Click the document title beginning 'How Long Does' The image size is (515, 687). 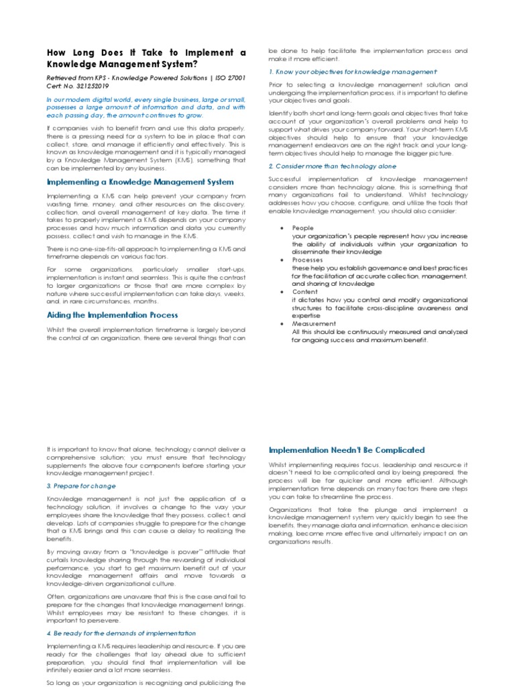[x=146, y=58]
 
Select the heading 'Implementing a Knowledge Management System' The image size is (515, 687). [x=140, y=182]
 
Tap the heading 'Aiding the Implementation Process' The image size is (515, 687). [x=112, y=315]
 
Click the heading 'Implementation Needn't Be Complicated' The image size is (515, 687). [x=347, y=450]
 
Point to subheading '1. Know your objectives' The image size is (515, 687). [x=352, y=71]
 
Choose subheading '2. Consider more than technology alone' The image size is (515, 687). [x=332, y=166]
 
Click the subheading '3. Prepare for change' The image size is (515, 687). [x=81, y=486]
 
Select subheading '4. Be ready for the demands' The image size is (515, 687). [x=121, y=633]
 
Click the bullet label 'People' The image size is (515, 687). [x=302, y=228]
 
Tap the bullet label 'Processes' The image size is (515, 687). [x=307, y=260]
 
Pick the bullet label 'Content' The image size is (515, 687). [x=304, y=292]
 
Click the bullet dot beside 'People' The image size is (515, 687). [x=282, y=228]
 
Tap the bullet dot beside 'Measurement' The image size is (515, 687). [x=282, y=323]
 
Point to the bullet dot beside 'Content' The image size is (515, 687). [x=282, y=292]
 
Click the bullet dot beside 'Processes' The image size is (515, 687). [x=282, y=260]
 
